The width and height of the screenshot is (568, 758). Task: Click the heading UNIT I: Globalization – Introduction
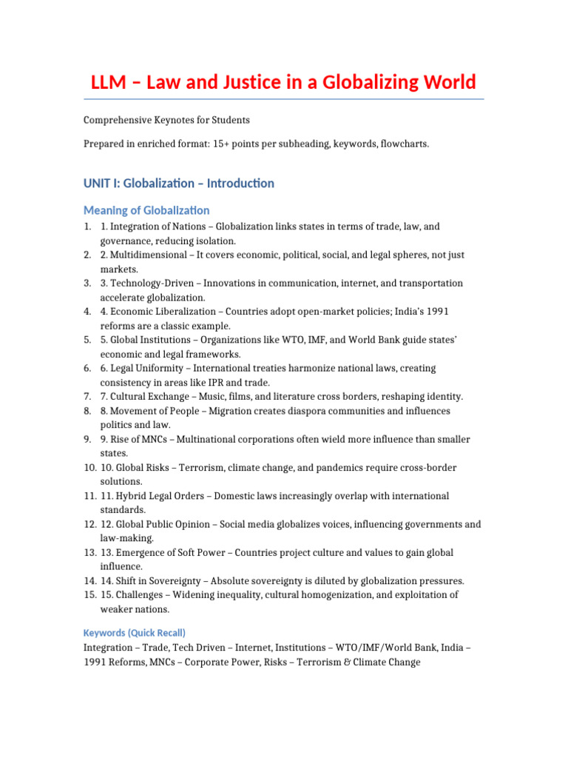point(179,183)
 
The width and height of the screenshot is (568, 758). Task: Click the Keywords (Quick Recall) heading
point(135,633)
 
